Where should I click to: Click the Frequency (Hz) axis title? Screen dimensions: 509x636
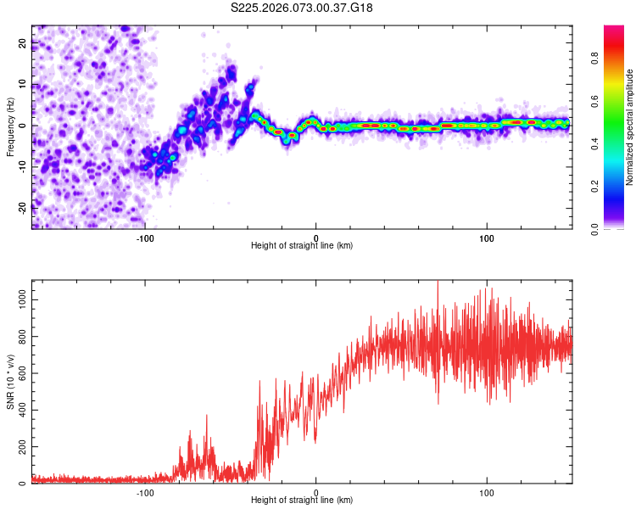click(x=10, y=126)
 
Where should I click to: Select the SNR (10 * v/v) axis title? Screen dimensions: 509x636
click(x=10, y=381)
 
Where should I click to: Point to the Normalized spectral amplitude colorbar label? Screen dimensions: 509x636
click(x=630, y=126)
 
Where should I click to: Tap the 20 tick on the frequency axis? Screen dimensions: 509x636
click(x=23, y=44)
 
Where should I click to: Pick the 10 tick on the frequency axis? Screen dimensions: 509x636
click(x=23, y=85)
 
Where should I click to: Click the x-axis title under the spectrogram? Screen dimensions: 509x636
click(x=303, y=246)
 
